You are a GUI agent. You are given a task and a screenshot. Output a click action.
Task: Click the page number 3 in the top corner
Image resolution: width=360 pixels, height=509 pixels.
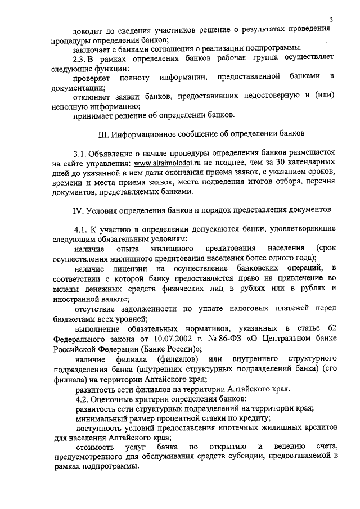click(x=332, y=20)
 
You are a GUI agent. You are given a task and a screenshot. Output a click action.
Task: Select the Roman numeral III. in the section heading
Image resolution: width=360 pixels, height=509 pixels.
click(x=104, y=134)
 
